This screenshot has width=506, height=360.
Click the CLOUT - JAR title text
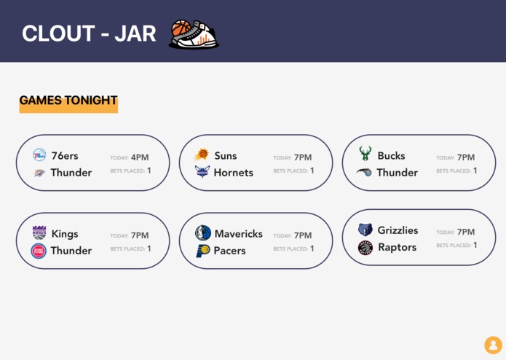coord(89,34)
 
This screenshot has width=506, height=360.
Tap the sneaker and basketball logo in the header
coord(194,34)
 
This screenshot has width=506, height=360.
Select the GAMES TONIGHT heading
coord(68,101)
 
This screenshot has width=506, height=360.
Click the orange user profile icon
coord(493,345)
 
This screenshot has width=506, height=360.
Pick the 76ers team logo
coord(39,155)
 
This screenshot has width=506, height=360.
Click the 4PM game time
coord(140,157)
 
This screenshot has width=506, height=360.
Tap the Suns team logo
coord(202,155)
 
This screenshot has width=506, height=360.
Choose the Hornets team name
coord(233,173)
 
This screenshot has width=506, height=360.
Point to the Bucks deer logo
coord(365,154)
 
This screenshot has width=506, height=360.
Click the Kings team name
coord(65,234)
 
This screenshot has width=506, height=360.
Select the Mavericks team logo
coord(202,233)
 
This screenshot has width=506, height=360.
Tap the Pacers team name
coord(230,251)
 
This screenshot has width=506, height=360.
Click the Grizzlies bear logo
coord(365,230)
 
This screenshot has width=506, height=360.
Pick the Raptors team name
coord(398,247)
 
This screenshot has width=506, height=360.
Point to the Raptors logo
coord(365,248)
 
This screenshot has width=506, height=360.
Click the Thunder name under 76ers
coord(71,173)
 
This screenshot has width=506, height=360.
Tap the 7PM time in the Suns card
coord(303,157)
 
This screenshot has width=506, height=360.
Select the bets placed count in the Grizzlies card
coord(475,245)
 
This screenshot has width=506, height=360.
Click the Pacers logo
coord(202,251)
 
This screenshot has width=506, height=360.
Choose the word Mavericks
coord(239,234)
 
